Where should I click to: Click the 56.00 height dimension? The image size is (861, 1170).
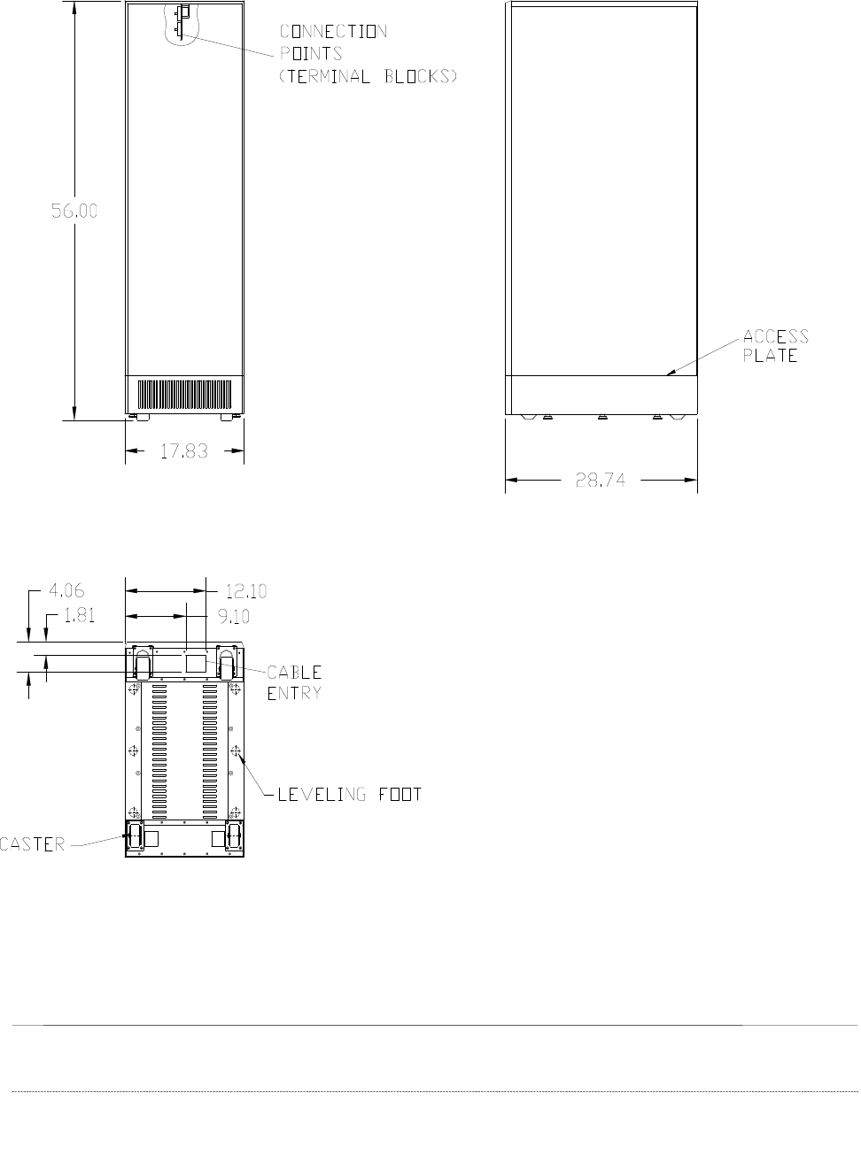74,211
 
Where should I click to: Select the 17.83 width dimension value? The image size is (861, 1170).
184,450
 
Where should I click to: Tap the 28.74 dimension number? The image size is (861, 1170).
601,480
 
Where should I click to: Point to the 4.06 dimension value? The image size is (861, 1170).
66,590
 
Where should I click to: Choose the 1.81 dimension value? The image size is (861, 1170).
80,615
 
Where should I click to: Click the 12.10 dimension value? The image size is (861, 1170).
246,591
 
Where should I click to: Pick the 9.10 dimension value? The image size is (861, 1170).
234,616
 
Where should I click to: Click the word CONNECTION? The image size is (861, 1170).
334,31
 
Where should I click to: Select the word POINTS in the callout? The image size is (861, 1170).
311,53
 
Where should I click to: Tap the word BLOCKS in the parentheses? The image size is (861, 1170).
416,76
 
